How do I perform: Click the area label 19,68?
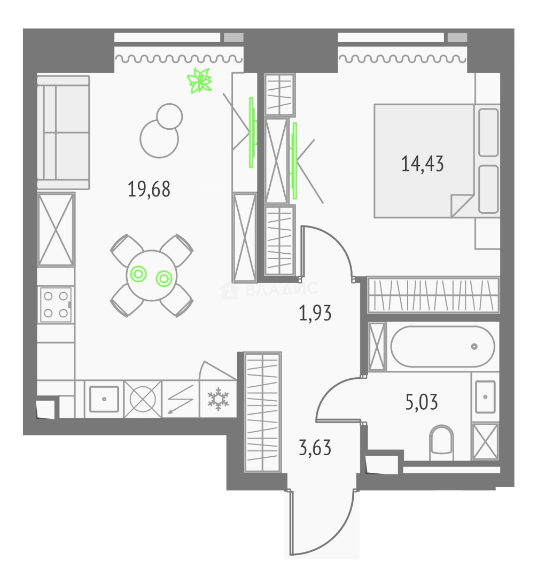149,189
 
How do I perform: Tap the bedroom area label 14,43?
422,162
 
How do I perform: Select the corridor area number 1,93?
315,313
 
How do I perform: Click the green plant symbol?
200,81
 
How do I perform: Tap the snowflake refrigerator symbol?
217,398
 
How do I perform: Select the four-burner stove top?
56,305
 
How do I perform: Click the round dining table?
151,276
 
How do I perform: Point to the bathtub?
442,347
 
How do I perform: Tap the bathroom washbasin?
485,396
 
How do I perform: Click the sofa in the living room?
63,132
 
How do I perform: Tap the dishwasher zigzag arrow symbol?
180,399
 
